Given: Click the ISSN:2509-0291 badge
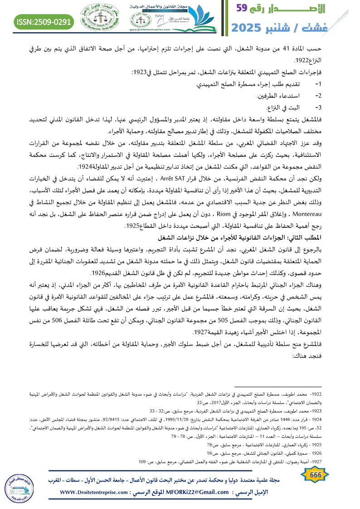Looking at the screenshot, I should tap(44, 21).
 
